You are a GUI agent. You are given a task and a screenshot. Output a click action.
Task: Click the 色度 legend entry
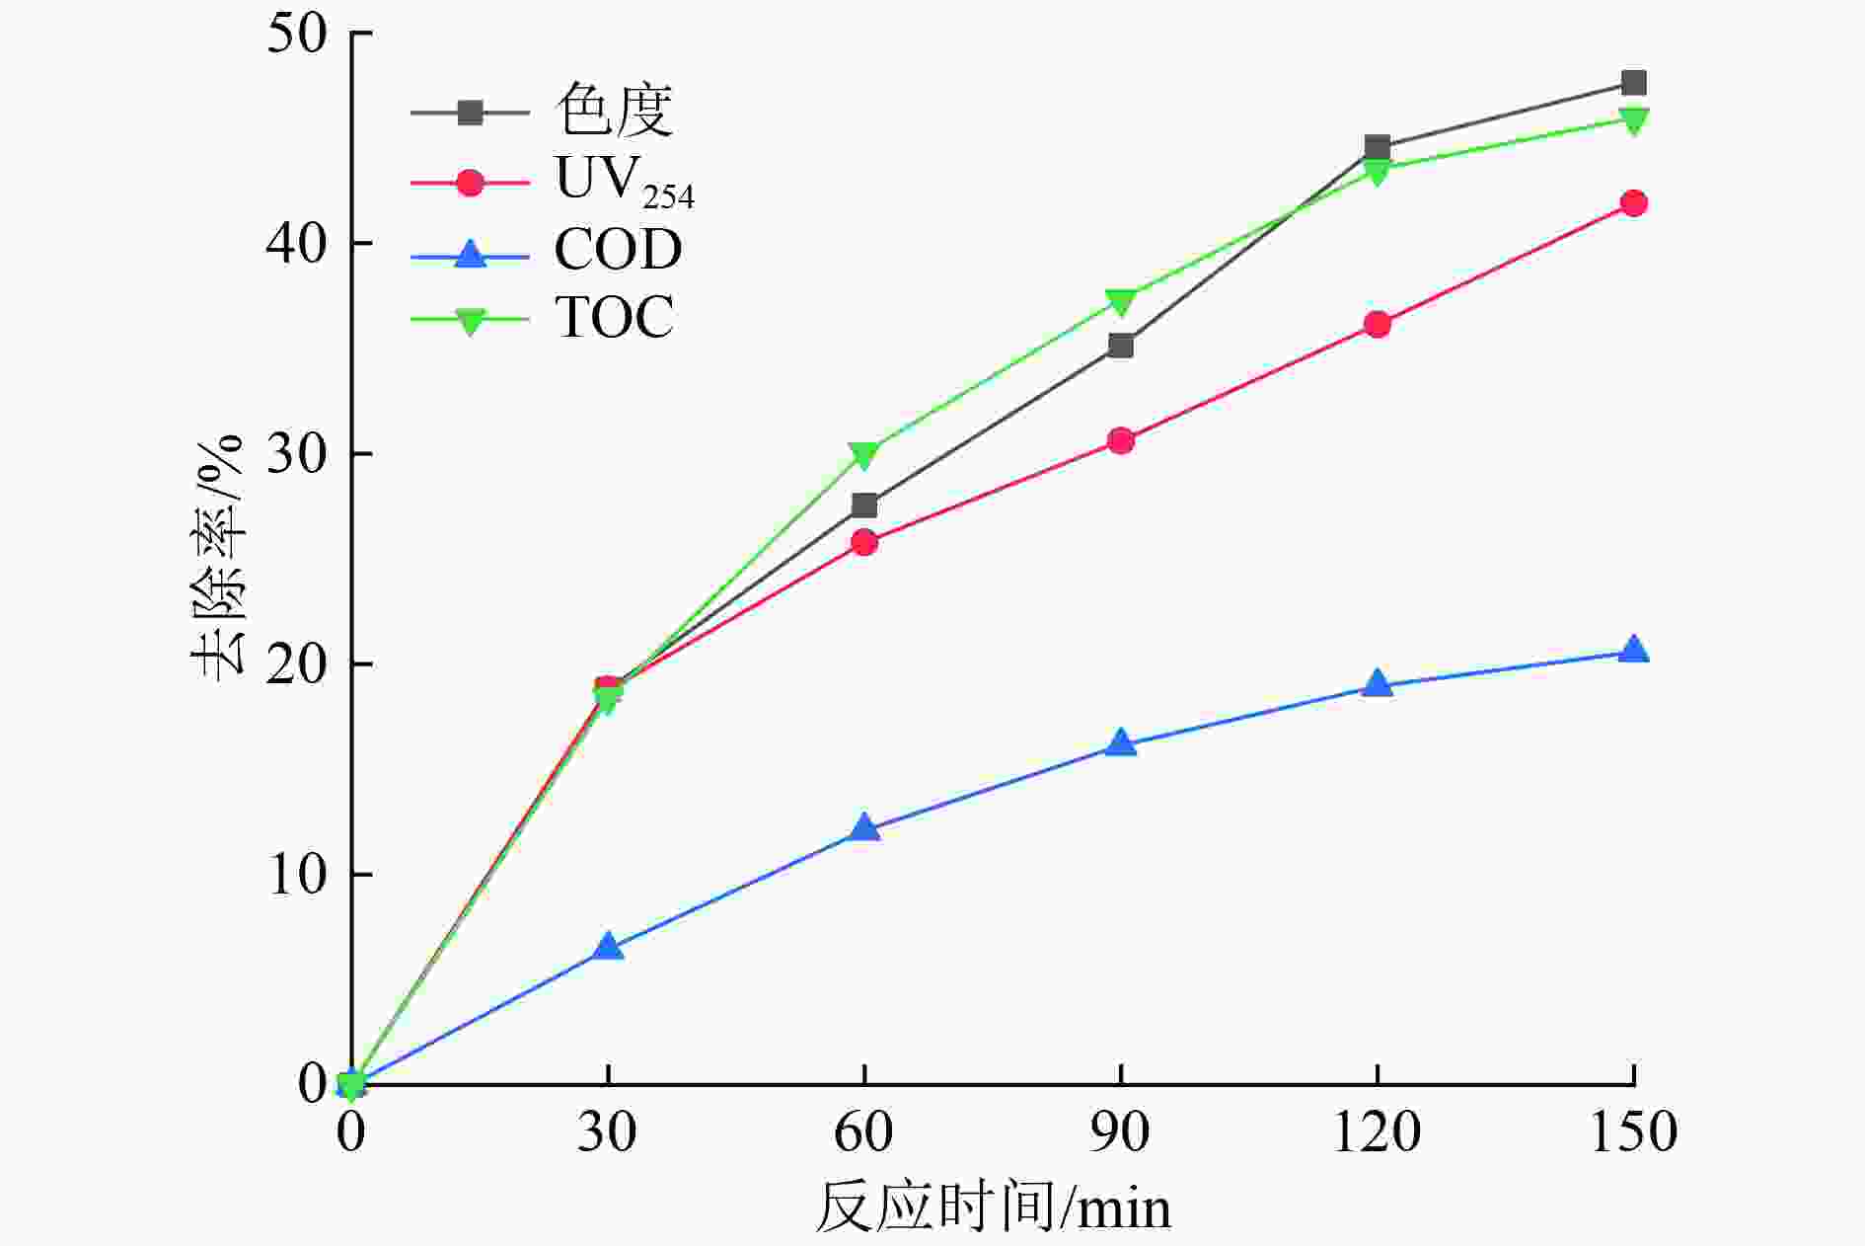click(614, 111)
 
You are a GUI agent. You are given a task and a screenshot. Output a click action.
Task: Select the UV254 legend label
click(624, 182)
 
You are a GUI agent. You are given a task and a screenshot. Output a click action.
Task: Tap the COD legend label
click(618, 249)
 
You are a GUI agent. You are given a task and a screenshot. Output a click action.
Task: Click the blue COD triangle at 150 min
click(1633, 650)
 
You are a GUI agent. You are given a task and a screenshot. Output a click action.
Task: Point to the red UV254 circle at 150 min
click(1633, 203)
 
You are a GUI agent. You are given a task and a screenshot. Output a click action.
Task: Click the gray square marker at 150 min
click(1633, 83)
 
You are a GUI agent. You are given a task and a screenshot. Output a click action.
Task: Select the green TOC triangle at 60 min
click(864, 454)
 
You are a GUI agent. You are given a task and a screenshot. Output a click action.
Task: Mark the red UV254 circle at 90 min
click(1121, 440)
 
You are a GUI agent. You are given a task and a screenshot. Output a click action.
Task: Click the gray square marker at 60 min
click(864, 506)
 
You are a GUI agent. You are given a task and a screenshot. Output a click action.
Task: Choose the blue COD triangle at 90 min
click(1121, 743)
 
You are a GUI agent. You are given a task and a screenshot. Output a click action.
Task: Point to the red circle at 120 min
click(1378, 324)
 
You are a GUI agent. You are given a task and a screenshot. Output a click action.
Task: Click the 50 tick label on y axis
click(296, 34)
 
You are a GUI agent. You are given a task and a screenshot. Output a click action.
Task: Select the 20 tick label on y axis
click(296, 664)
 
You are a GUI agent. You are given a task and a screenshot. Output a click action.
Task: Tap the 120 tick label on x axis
click(1377, 1131)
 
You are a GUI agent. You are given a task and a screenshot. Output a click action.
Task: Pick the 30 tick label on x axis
click(607, 1131)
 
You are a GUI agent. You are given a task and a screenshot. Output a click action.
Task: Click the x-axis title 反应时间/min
click(993, 1207)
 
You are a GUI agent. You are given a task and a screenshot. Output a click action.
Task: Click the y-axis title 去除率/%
click(217, 558)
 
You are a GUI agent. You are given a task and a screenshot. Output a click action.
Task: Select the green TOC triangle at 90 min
click(1121, 300)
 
